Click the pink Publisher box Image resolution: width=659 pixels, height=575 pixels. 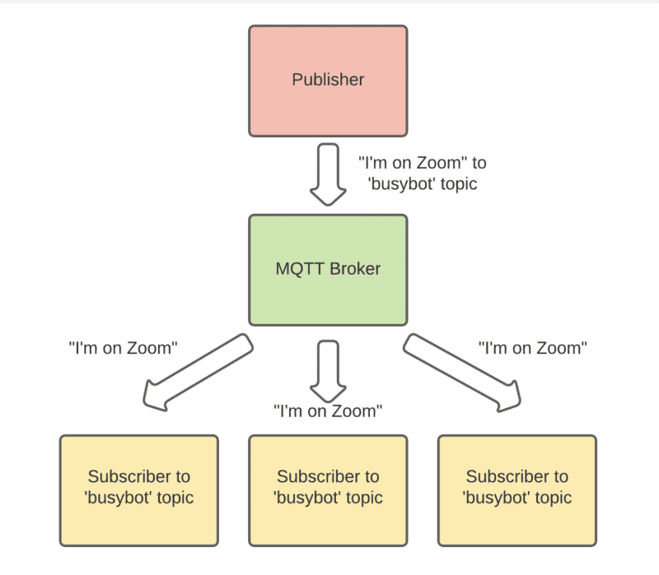(328, 80)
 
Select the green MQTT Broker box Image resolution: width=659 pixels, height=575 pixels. (328, 269)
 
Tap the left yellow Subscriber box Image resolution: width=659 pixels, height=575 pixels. (138, 490)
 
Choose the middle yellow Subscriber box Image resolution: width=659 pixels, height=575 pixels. (328, 490)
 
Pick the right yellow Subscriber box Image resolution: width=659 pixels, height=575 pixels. (516, 490)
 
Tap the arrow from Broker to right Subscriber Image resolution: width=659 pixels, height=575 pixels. (461, 370)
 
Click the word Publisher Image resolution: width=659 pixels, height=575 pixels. (328, 80)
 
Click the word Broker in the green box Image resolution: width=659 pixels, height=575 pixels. (355, 269)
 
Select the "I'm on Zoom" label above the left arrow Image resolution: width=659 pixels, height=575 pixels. (123, 347)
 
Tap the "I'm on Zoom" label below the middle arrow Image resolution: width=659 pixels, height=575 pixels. (328, 410)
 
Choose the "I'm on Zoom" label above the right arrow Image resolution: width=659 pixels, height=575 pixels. (532, 347)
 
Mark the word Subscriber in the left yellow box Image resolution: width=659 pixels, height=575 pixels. (138, 476)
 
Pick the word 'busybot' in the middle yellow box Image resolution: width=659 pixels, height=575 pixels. (307, 498)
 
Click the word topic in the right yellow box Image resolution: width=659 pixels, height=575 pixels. (551, 498)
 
